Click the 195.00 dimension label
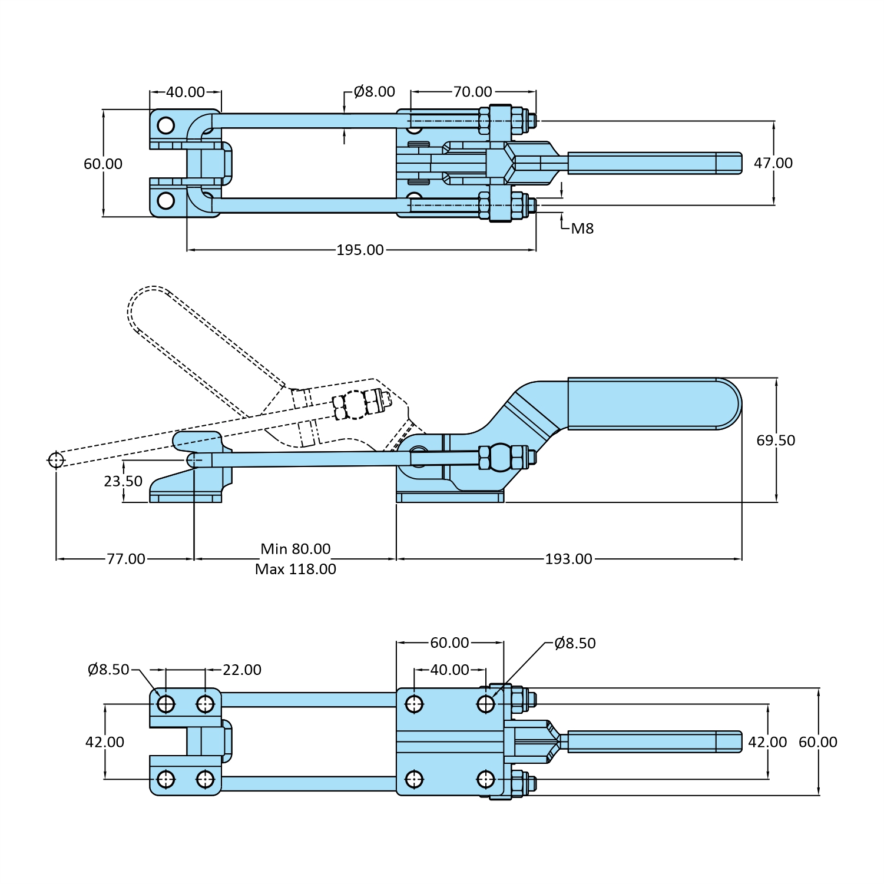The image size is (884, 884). [360, 250]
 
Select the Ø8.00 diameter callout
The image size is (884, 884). [375, 91]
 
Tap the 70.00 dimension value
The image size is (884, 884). [472, 91]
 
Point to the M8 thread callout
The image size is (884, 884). [582, 229]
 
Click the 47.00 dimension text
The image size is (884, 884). [773, 163]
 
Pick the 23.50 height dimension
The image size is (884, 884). [123, 481]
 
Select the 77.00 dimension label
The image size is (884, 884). [125, 558]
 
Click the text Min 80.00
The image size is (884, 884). [295, 548]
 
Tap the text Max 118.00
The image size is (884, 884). [295, 569]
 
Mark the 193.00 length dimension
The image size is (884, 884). [568, 558]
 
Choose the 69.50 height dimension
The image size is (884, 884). [775, 440]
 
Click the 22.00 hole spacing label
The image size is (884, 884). [241, 670]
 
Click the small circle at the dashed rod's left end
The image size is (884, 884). [56, 459]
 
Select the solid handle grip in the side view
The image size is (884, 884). [648, 403]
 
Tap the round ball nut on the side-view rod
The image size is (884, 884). [500, 458]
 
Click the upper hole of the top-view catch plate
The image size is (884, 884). [166, 125]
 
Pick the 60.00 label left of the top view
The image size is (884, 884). [103, 164]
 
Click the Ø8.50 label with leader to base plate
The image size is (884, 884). [575, 643]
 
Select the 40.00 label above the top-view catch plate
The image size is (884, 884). [185, 92]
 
